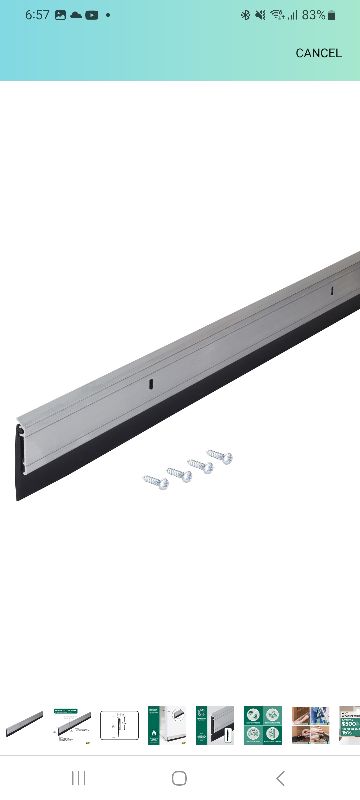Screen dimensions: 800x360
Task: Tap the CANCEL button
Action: tap(318, 53)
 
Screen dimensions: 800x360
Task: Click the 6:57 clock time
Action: tap(37, 15)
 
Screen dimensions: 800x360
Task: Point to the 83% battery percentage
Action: tap(313, 15)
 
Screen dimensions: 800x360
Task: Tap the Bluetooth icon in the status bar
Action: tap(245, 15)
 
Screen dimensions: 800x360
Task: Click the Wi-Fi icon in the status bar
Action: tap(276, 15)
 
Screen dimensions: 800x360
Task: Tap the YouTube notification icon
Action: tap(92, 15)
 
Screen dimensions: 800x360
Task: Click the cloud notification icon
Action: tap(76, 15)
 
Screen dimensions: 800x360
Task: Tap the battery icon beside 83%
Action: tap(332, 15)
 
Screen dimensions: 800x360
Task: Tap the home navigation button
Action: tap(180, 777)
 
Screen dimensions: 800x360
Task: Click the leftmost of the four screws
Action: tap(155, 480)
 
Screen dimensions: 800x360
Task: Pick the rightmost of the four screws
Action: tap(220, 456)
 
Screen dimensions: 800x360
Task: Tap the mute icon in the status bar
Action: tap(260, 15)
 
